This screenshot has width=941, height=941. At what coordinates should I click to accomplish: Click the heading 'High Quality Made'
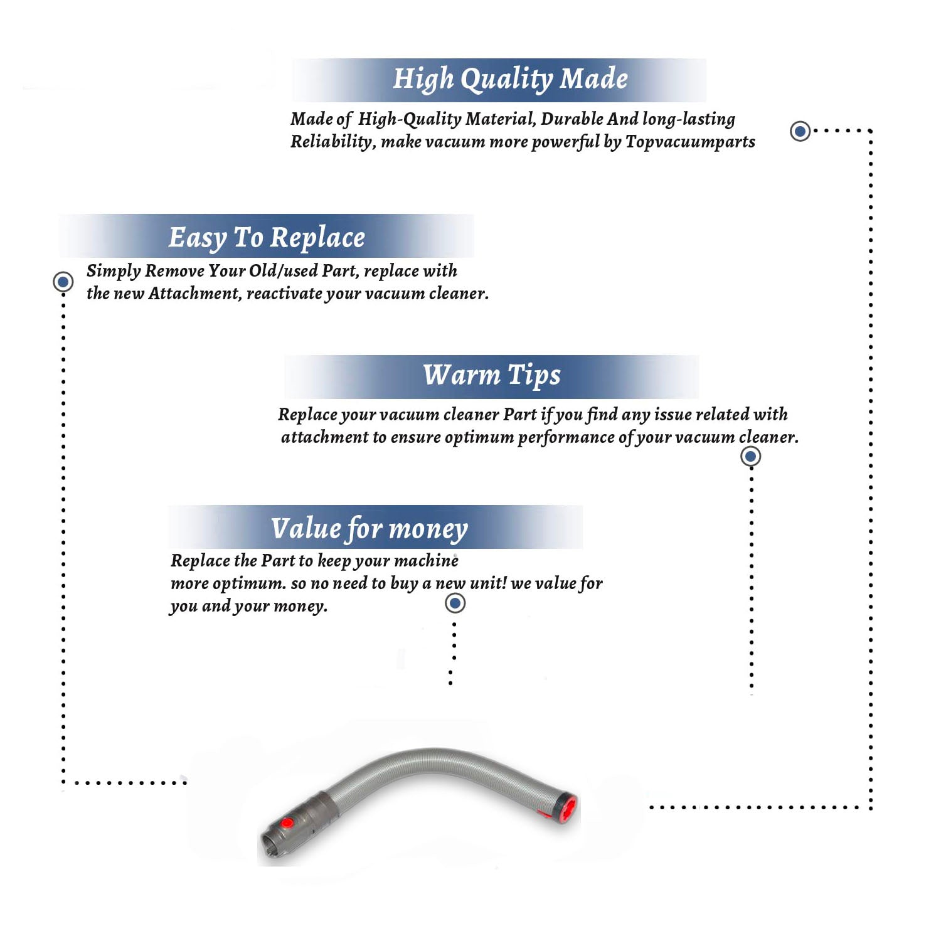[510, 80]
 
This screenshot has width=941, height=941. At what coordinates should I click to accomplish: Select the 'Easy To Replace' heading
[267, 238]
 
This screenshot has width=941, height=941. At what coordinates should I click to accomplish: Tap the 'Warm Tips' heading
[491, 375]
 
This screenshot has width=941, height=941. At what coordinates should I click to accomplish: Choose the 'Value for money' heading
[369, 528]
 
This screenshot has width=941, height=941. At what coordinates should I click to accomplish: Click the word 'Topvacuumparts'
[690, 142]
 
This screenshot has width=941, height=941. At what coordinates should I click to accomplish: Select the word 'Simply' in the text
[114, 271]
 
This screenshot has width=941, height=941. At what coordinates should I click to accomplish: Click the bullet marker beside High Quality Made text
[800, 131]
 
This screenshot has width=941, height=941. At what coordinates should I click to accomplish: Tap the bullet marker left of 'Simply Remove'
[63, 282]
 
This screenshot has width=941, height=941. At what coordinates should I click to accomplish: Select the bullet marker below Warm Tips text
[751, 456]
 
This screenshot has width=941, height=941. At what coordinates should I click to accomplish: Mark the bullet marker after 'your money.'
[455, 603]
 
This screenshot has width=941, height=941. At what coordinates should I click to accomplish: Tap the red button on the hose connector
[287, 823]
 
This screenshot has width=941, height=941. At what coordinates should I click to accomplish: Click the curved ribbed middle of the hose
[433, 762]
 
